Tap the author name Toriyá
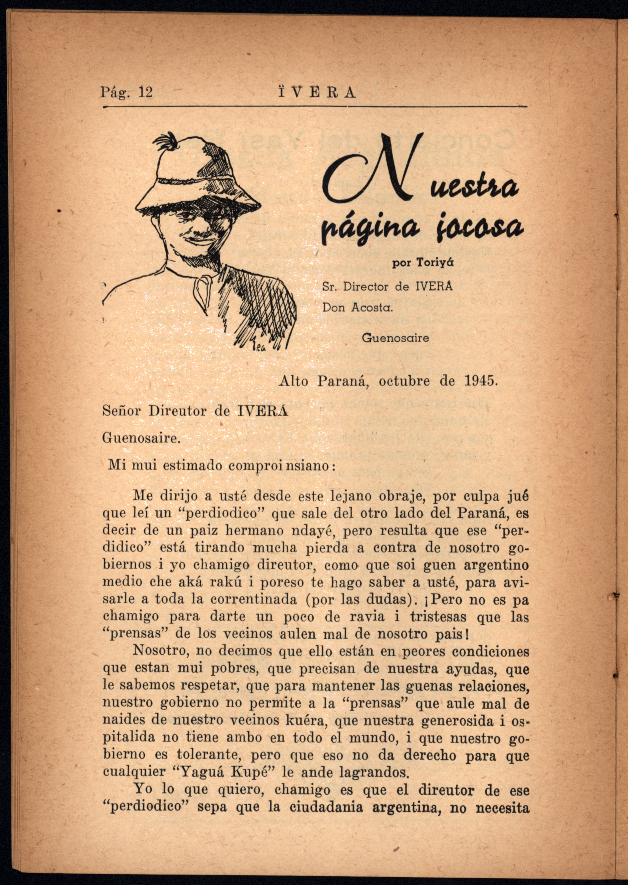tap(434, 263)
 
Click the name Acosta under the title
tap(372, 308)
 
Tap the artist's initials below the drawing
tap(259, 348)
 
